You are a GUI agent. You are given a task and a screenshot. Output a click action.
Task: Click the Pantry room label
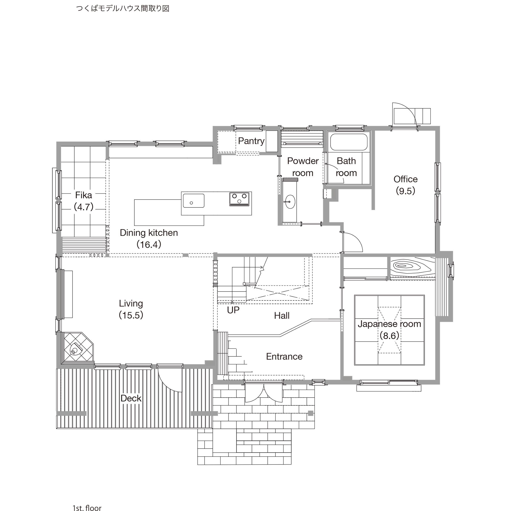point(251,141)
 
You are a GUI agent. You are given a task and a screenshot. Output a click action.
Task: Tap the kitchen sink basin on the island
point(194,201)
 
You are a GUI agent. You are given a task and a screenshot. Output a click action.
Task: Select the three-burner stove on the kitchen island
point(239,199)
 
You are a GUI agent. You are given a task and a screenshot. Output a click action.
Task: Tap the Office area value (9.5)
point(405,191)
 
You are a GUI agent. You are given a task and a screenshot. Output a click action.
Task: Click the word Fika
point(84,195)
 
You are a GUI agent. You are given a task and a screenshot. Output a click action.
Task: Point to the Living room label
point(131,304)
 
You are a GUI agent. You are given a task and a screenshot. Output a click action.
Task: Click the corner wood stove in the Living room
point(75,351)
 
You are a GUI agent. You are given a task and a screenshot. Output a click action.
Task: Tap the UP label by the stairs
point(233,310)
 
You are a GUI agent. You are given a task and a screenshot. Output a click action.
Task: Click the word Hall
point(282,316)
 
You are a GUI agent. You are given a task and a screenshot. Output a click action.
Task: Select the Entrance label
point(284,356)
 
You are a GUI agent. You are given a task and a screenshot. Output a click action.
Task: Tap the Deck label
point(131,398)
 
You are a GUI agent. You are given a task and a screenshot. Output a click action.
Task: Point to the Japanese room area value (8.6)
point(389,336)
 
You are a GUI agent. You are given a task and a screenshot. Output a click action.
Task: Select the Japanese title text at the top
point(123,9)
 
